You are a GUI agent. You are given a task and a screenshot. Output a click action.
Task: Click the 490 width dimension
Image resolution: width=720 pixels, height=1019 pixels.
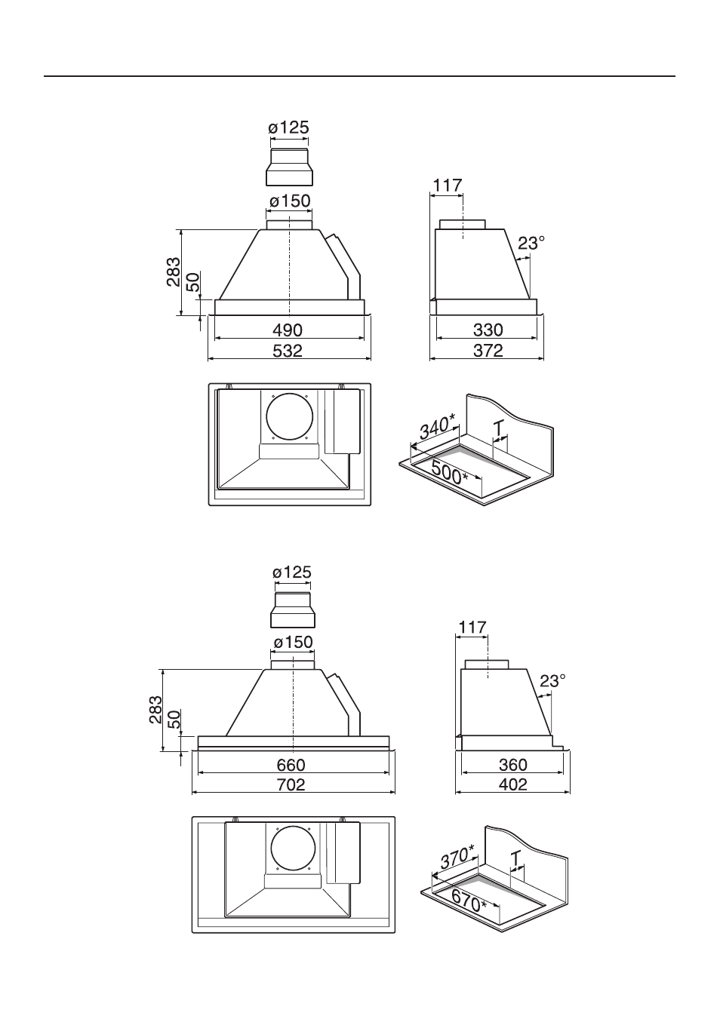pos(288,330)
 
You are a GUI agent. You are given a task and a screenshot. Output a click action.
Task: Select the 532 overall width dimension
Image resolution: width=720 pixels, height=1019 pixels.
pos(288,351)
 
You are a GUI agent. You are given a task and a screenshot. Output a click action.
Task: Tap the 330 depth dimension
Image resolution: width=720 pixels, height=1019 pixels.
pos(488,330)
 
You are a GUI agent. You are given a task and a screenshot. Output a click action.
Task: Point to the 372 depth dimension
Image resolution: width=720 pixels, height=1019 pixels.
pos(488,351)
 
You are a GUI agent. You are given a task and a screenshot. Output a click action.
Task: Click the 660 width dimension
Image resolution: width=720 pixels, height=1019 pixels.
pos(291,765)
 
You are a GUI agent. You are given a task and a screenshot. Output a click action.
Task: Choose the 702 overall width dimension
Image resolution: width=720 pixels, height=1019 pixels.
pos(291,784)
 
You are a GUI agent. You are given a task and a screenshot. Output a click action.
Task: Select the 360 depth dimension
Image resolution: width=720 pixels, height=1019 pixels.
pos(513,765)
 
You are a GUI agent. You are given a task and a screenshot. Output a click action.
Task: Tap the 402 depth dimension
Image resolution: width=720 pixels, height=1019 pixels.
pos(513,784)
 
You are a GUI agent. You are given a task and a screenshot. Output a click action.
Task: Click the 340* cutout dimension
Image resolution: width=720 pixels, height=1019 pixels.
pos(437,428)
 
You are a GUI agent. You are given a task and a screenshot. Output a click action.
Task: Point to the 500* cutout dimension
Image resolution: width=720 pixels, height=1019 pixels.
pos(449,474)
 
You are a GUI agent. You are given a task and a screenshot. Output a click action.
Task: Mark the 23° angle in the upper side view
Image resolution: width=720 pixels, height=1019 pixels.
pos(531,244)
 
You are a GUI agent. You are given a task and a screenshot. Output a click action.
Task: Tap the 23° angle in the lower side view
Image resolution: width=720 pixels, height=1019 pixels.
pos(552,681)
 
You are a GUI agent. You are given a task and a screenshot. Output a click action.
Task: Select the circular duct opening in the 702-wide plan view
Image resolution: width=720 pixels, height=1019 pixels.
pos(293,849)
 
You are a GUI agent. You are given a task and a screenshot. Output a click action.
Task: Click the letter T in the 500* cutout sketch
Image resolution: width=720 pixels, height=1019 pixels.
pos(500,428)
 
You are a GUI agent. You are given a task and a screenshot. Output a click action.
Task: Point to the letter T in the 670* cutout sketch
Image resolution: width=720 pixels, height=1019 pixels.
pos(515,858)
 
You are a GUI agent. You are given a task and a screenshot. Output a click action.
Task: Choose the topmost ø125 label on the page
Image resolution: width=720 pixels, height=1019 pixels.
pos(289,127)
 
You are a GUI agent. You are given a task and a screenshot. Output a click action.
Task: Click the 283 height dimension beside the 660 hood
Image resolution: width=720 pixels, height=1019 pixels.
pos(155,710)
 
